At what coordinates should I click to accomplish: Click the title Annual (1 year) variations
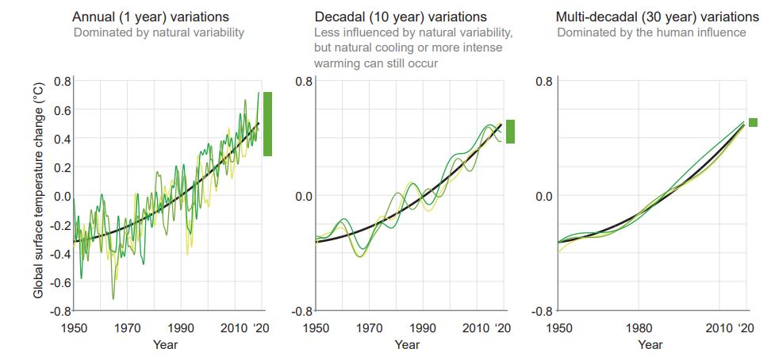[152, 17]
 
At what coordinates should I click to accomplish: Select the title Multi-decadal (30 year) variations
[657, 17]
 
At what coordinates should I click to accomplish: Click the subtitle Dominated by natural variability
[159, 33]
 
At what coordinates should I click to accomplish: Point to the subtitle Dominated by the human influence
[651, 33]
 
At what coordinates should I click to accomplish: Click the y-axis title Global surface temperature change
[38, 195]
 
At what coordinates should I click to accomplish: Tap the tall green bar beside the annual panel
[267, 124]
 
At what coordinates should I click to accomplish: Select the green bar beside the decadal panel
[510, 132]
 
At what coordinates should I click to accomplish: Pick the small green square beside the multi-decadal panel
[753, 122]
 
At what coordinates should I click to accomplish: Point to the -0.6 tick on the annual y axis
[61, 281]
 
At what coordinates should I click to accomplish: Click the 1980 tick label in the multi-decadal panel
[639, 328]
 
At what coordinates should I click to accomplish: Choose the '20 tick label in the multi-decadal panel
[746, 328]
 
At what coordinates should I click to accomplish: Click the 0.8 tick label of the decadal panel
[303, 81]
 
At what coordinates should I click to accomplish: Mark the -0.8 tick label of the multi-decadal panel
[543, 310]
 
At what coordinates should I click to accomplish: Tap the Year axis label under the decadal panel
[407, 345]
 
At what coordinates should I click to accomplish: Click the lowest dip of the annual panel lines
[113, 299]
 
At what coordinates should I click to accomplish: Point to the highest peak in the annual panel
[259, 94]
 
